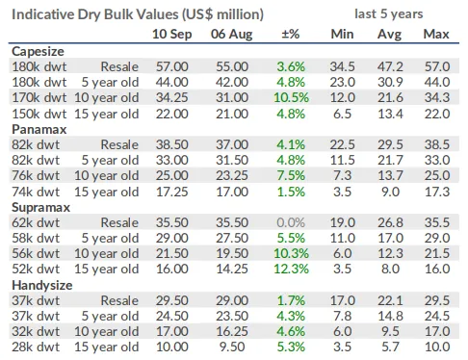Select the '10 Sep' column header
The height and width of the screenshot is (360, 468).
pos(171,34)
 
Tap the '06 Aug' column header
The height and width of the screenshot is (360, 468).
pos(231,34)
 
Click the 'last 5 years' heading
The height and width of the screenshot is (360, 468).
pos(389,13)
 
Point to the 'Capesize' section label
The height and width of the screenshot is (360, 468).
pos(38,51)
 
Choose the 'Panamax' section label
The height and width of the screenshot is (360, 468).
pos(39,129)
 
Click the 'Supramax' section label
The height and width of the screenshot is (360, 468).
pos(40,207)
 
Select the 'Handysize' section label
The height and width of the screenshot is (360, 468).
pos(42,285)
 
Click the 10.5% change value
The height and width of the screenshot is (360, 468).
pos(291,97)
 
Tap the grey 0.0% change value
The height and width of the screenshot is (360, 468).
pos(291,222)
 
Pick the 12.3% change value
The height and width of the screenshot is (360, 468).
pos(291,269)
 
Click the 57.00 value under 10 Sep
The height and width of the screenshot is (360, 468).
pos(172,66)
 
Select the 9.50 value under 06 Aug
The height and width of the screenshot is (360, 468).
pos(232,347)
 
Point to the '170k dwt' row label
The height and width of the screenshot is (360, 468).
pos(39,97)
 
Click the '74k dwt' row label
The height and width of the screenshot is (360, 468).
pos(36,192)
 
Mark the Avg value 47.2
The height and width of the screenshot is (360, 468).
pos(390,66)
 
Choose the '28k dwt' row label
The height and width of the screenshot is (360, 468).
pos(36,347)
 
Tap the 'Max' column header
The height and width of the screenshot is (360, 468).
pos(436,34)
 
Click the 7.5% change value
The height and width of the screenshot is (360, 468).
pos(291,175)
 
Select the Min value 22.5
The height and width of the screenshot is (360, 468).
pos(343,144)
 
